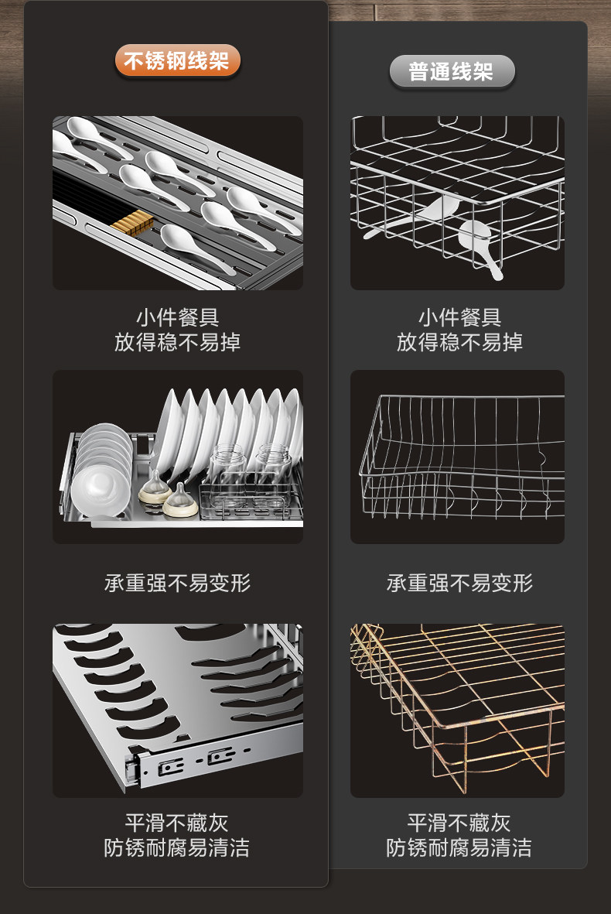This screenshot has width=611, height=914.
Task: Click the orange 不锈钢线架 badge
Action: coord(177,61)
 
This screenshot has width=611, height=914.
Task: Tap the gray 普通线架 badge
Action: coord(451,73)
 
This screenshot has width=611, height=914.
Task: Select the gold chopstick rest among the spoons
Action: coord(129,224)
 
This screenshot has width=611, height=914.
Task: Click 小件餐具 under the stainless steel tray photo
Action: coord(177,317)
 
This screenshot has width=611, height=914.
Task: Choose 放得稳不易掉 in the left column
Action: coord(177,342)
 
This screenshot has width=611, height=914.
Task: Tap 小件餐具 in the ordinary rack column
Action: coord(459,317)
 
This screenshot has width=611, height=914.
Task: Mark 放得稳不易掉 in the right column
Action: coord(459,342)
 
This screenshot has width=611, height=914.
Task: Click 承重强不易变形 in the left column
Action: coord(177,583)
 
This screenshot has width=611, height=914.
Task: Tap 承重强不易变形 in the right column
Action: coord(459,583)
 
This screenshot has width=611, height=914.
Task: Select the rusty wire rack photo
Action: coord(457,710)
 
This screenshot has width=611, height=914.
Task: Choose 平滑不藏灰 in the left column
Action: coord(177,822)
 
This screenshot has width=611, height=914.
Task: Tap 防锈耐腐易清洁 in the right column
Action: coord(459,847)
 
